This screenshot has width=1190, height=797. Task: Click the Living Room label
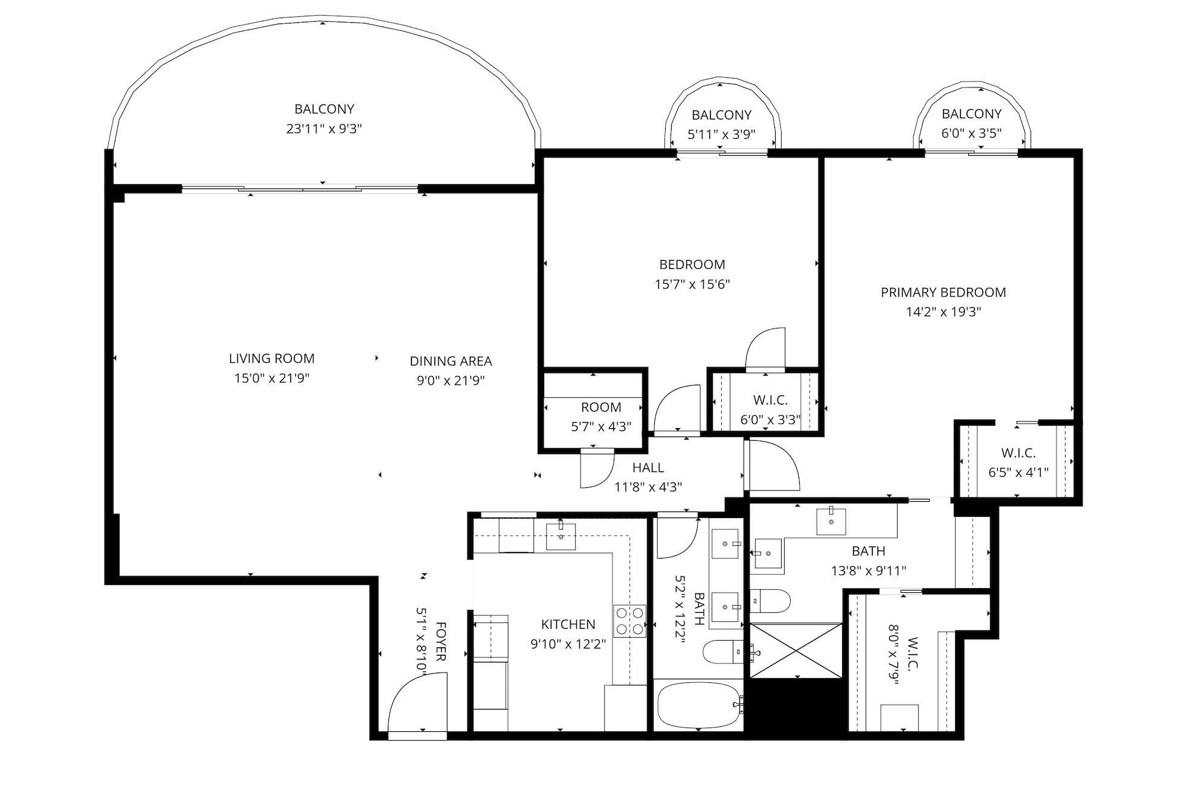pos(271,358)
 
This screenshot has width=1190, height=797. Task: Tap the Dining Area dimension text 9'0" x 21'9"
pos(451,380)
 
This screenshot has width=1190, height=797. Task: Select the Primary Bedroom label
pos(943,292)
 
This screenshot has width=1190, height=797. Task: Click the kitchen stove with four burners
pos(629,621)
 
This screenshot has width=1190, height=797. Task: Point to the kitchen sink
pos(561,537)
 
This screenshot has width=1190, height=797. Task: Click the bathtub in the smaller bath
pos(698,705)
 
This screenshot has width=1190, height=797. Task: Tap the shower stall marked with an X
pos(796,650)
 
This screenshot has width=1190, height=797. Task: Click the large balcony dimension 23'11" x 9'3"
pos(324,129)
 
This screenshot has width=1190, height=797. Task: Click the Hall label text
pos(648,467)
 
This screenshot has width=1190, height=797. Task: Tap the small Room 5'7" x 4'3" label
pos(600,407)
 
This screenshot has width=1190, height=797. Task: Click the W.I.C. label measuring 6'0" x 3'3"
pos(770,400)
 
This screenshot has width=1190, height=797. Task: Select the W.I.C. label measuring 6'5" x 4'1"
pos(1018,453)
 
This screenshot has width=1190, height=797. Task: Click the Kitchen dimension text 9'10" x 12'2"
pos(568,644)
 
